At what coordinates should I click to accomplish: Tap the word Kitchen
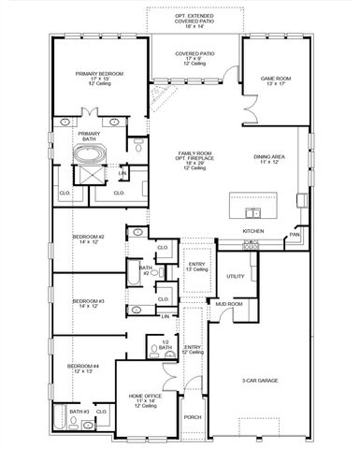pos(253,230)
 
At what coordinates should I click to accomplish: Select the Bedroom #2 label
pos(89,239)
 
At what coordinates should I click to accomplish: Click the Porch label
pos(193,417)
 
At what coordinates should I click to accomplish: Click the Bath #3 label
pos(78,411)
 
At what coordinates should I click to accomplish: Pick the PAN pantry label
pos(295,235)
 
